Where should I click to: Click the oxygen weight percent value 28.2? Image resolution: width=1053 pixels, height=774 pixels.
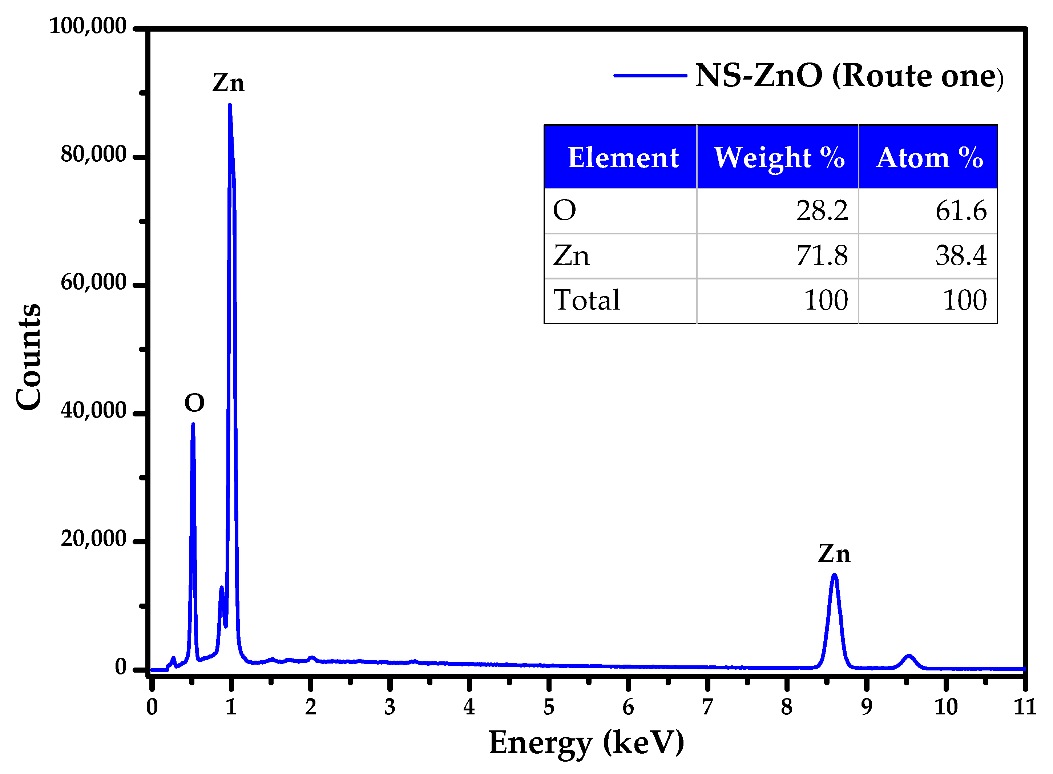(822, 211)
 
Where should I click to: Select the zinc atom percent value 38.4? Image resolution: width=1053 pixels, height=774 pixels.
(961, 256)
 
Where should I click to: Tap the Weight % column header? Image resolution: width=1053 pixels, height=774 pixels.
(779, 157)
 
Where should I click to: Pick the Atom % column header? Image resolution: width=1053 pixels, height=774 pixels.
(929, 157)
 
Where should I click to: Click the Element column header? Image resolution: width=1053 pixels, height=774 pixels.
(623, 157)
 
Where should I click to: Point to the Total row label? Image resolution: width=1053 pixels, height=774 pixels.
(586, 300)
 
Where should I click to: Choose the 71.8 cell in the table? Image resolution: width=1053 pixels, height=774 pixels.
(822, 256)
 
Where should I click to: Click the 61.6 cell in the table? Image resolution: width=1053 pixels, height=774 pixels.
(961, 211)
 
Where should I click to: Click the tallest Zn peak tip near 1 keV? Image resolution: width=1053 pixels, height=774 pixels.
(230, 105)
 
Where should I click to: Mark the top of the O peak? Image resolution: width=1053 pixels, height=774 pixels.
(193, 424)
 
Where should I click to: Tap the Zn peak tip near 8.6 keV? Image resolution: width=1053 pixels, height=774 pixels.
(834, 575)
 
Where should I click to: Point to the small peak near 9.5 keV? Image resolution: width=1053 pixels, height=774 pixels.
(909, 656)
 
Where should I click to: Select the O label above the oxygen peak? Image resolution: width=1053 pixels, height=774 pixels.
(194, 403)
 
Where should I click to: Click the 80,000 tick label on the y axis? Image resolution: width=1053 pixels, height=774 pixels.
(93, 154)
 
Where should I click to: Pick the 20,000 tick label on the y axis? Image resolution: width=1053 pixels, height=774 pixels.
(93, 539)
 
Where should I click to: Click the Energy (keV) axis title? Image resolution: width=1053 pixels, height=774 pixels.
(586, 743)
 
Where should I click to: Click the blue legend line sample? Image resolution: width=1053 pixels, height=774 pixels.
(650, 76)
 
